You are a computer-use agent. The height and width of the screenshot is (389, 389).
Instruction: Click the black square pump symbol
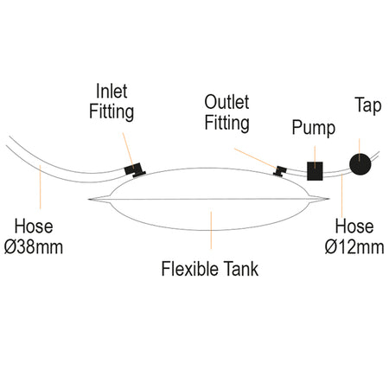(315, 171)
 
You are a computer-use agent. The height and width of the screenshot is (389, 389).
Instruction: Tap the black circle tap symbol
(360, 164)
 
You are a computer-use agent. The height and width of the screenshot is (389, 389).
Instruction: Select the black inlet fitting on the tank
(135, 170)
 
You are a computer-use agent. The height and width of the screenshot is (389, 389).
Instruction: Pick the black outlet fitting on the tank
(279, 171)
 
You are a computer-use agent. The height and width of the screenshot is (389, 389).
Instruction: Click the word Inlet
(112, 92)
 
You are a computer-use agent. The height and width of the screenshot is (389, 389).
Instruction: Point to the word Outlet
(226, 102)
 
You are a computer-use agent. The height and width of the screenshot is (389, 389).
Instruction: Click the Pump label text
(314, 128)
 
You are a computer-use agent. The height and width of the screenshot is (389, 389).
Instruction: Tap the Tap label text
(368, 105)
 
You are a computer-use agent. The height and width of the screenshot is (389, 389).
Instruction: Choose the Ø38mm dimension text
(34, 247)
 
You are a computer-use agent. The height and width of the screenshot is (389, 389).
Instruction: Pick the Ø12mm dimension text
(354, 247)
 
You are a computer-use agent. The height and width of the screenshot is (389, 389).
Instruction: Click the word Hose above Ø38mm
(34, 226)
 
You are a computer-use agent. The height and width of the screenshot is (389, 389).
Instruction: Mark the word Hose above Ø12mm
(354, 226)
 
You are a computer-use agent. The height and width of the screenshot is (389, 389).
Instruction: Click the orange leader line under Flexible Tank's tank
(211, 230)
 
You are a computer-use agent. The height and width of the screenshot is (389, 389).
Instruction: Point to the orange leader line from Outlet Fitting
(255, 158)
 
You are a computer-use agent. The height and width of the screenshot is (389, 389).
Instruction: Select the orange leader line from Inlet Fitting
(128, 150)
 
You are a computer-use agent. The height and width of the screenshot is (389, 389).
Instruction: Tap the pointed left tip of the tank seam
(88, 199)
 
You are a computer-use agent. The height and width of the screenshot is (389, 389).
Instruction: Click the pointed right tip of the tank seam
(328, 199)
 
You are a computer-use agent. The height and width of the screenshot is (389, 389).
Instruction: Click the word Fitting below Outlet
(226, 123)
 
